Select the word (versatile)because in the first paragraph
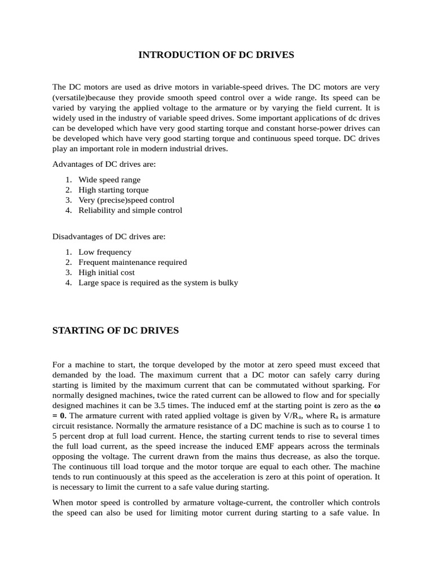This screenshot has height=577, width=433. click(x=81, y=97)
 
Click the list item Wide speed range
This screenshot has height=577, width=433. click(x=109, y=180)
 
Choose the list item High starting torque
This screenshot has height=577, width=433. click(x=113, y=190)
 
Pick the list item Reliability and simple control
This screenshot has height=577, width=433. click(x=130, y=210)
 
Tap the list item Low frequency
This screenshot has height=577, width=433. click(x=105, y=252)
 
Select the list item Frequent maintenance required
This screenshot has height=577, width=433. click(x=132, y=262)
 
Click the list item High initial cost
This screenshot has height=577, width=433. click(x=107, y=272)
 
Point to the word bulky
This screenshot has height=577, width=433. click(x=228, y=282)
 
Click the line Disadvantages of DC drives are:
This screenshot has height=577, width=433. click(x=109, y=237)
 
